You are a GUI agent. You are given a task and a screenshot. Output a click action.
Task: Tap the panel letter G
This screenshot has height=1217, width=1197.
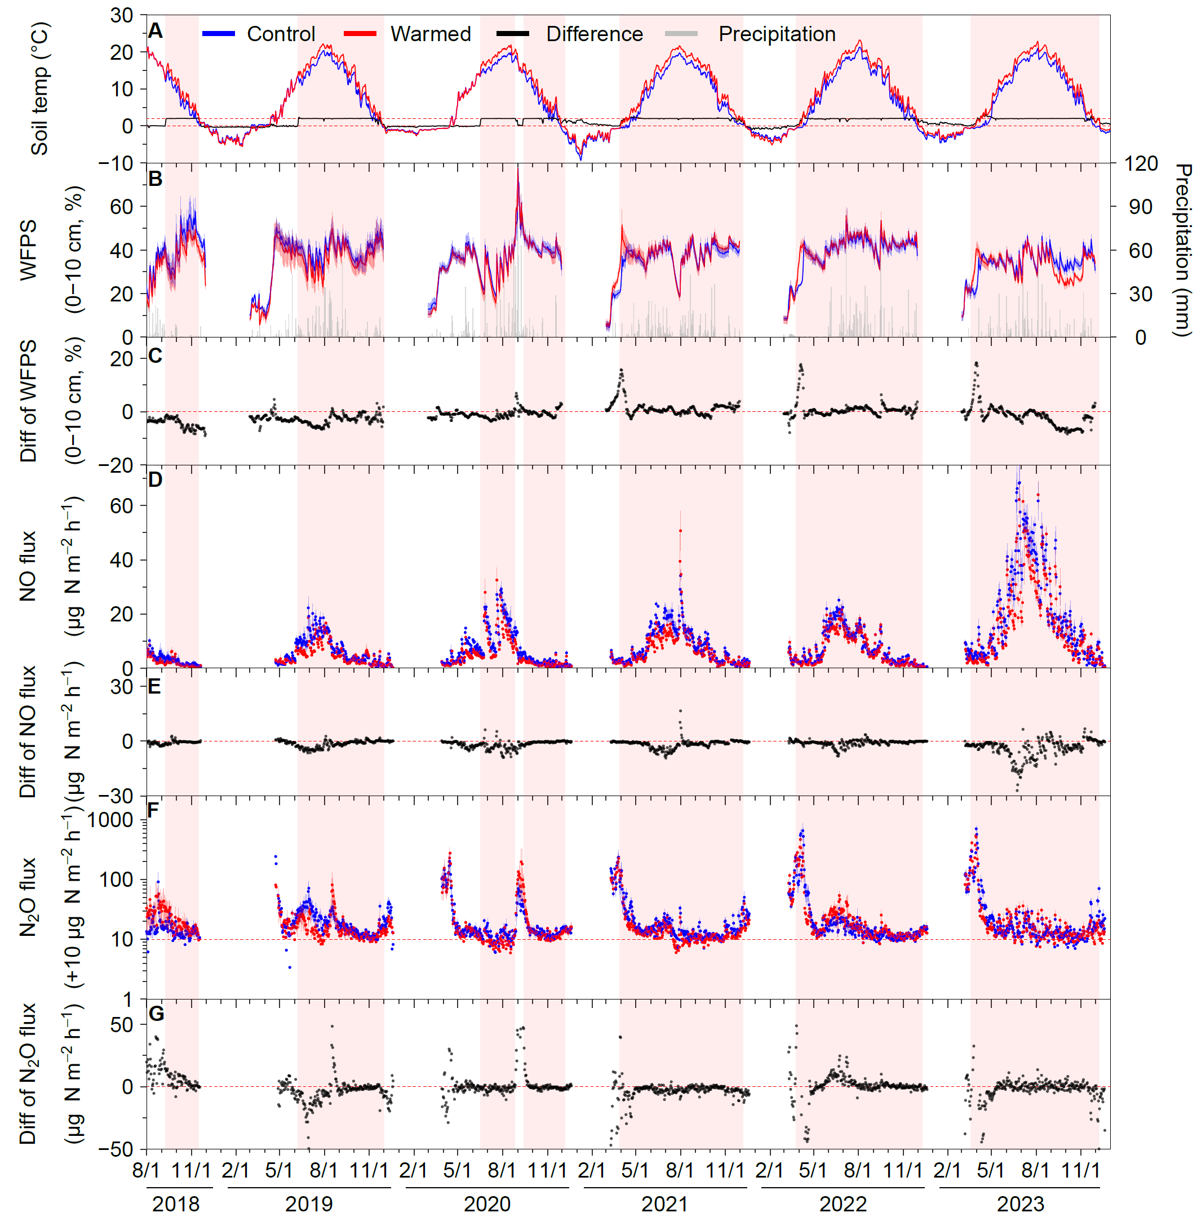click(x=156, y=1014)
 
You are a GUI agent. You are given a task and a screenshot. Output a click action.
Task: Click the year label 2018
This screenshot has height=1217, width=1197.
click(x=176, y=1204)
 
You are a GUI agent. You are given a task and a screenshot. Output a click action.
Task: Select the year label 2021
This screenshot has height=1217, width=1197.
click(x=664, y=1204)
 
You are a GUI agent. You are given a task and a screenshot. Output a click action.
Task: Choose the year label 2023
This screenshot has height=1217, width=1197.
click(x=1021, y=1204)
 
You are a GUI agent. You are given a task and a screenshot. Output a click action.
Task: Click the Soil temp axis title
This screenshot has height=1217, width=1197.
click(x=39, y=89)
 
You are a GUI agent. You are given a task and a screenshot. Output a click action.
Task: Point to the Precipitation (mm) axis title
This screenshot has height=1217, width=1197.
click(x=1182, y=250)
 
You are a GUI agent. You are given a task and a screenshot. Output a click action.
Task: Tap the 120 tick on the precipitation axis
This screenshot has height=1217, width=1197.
click(x=1141, y=164)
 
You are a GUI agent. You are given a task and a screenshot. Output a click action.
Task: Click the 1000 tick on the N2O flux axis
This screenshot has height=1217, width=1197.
click(x=110, y=820)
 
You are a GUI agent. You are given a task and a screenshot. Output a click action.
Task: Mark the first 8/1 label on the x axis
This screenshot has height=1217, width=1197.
click(x=146, y=1170)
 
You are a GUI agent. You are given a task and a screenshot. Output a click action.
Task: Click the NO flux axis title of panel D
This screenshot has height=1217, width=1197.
click(x=28, y=566)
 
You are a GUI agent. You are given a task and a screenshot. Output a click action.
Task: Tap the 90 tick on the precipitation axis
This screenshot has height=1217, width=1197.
click(x=1138, y=207)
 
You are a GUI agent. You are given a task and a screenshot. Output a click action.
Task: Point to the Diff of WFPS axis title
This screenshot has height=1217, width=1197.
click(x=28, y=402)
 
